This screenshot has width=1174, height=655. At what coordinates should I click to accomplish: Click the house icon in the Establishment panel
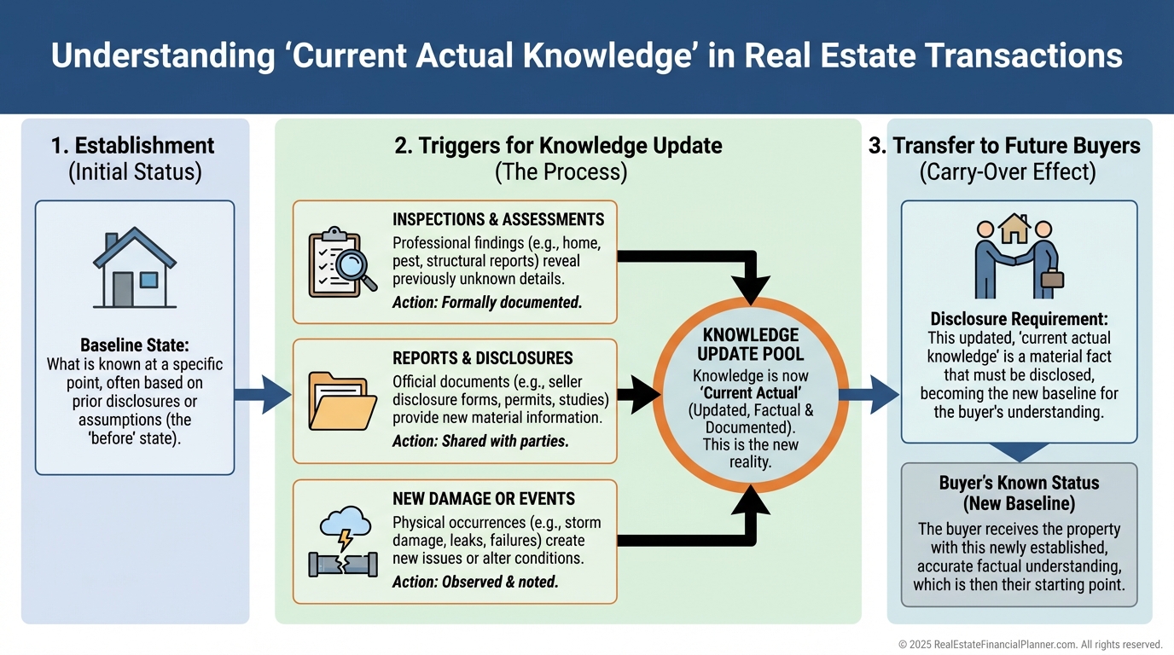point(135,267)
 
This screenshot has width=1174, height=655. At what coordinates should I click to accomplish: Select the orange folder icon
point(341,401)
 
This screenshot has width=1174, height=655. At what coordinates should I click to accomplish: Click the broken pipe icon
point(341,564)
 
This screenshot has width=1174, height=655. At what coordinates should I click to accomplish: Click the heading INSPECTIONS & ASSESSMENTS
point(498,219)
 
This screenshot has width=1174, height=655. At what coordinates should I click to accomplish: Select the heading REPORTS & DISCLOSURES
point(483,358)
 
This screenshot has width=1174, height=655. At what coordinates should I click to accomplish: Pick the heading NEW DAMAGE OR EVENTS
point(484,499)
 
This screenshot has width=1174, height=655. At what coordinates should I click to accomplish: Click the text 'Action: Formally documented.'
point(487,302)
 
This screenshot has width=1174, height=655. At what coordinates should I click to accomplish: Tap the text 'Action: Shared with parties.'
point(480,441)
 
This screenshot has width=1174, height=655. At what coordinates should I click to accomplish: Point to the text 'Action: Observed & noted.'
point(475,582)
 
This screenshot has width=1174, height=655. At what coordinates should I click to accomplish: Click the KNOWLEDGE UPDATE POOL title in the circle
point(750,344)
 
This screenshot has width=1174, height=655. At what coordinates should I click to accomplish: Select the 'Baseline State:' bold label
point(135,345)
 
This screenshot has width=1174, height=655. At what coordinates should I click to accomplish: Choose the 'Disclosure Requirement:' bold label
point(1019,320)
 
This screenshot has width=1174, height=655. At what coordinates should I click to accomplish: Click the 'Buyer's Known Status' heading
point(1019,483)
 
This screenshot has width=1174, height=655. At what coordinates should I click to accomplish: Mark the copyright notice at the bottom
point(1030,645)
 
